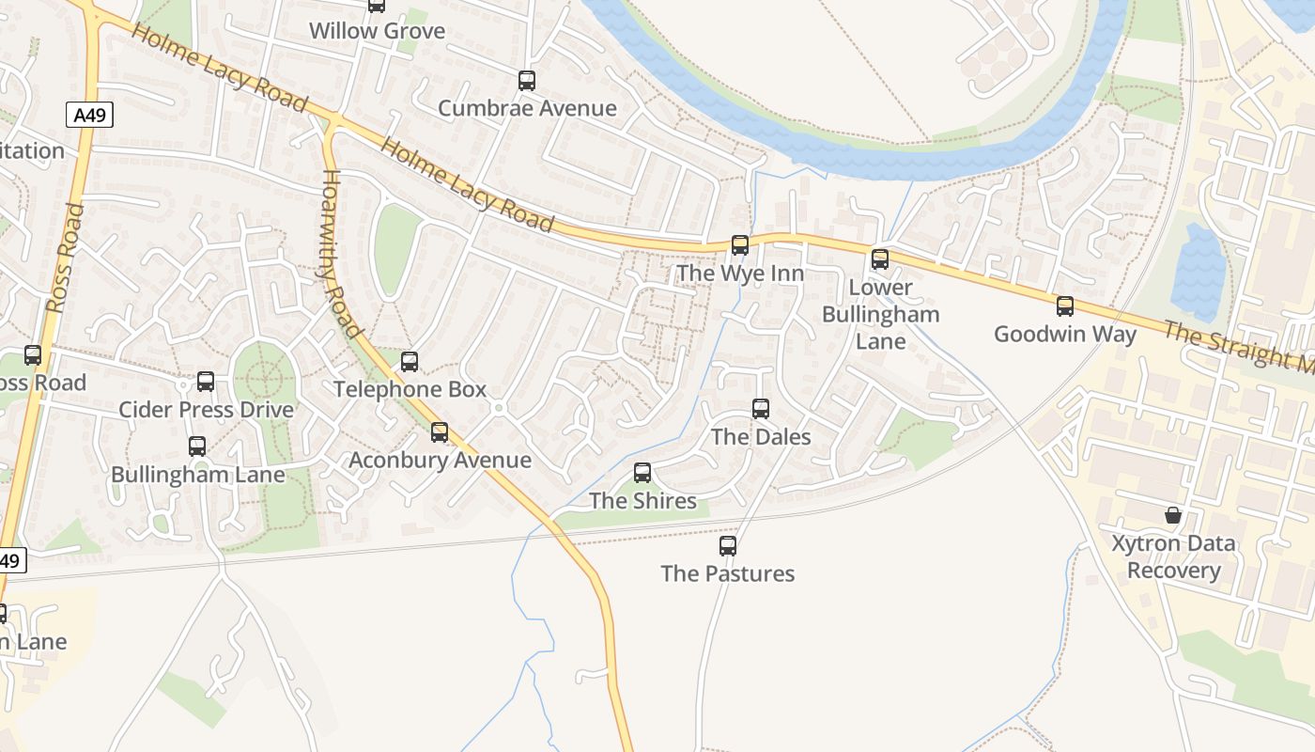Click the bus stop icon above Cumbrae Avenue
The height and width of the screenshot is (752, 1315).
coord(527,81)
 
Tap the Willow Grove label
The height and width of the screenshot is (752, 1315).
coord(377,31)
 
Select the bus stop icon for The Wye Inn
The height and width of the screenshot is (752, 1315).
coord(740,245)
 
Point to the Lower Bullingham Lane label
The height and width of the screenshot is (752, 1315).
coord(880,314)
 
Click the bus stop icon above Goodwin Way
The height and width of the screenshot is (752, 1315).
coord(1065,306)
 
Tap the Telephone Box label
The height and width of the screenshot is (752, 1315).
coord(410,389)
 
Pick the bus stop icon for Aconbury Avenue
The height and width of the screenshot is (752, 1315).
coord(440,432)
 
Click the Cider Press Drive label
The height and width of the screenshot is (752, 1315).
coord(206,410)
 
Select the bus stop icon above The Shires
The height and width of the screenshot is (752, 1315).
coord(642,473)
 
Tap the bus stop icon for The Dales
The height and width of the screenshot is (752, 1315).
coord(761,409)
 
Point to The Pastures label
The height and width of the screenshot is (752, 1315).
coord(727,573)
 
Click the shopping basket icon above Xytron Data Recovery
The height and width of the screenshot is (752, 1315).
coord(1173,515)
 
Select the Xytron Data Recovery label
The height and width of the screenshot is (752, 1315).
coord(1173,556)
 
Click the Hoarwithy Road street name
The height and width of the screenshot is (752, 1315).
coord(341,254)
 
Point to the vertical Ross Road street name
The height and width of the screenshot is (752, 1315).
coord(65,258)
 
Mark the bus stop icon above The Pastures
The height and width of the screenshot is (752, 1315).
coord(728,545)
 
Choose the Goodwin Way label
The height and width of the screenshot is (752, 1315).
coord(1065,334)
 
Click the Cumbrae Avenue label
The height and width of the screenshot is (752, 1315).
coord(527,108)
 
